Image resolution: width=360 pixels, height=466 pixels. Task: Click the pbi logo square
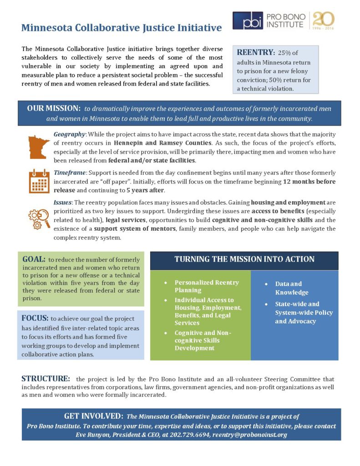click(248, 20)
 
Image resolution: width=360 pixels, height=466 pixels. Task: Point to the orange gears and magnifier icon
click(39, 218)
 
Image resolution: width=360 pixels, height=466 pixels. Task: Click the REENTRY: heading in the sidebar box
click(255, 52)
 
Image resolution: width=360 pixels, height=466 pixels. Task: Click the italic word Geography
click(69, 134)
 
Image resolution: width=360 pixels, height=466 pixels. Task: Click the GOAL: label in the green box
click(34, 259)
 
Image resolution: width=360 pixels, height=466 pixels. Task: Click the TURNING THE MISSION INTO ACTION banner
click(244, 259)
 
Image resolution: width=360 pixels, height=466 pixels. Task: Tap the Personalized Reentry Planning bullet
click(207, 286)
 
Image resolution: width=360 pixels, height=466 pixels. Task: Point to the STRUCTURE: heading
click(46, 379)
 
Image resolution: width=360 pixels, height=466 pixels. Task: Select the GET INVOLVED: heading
click(94, 416)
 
